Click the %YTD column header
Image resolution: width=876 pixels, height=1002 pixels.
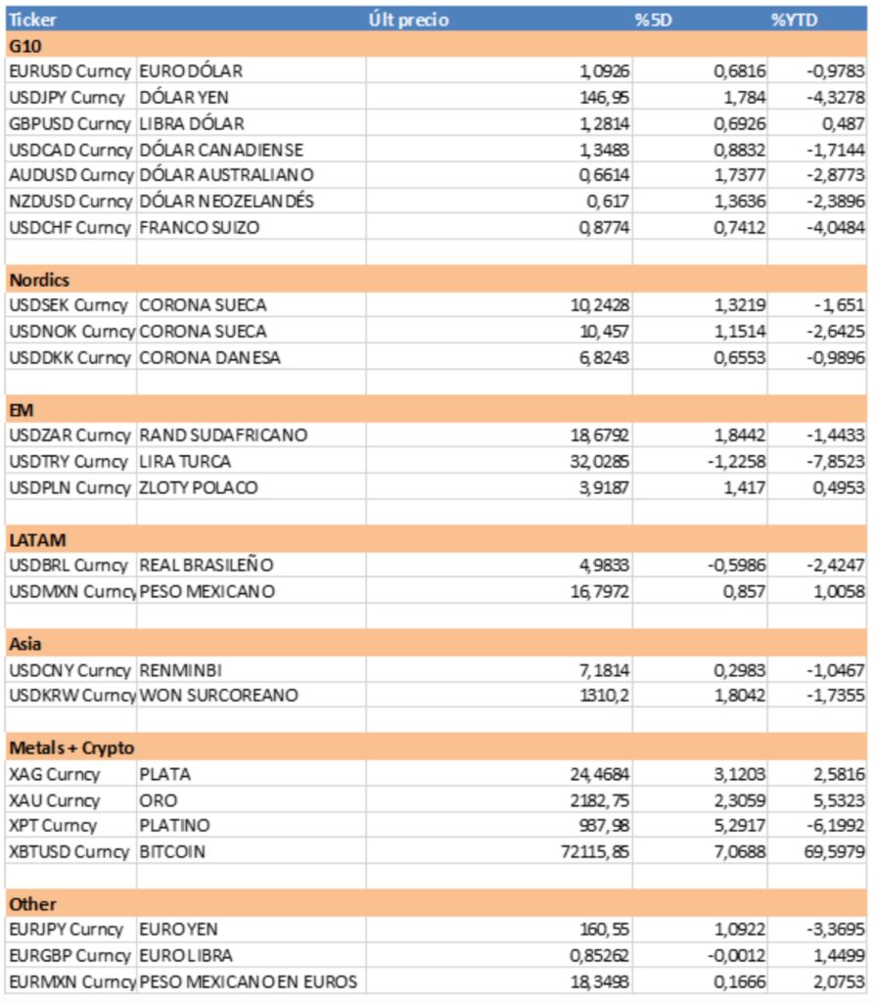(793, 20)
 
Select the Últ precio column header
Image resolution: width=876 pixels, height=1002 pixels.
(409, 20)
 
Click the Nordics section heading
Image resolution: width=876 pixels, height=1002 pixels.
(39, 280)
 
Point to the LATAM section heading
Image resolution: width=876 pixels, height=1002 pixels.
(37, 539)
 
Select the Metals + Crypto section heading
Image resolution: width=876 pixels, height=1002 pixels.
(71, 748)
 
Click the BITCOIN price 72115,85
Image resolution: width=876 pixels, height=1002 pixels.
(588, 851)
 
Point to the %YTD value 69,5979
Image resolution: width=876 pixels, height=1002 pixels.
(832, 851)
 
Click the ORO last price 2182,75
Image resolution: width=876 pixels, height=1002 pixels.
(595, 800)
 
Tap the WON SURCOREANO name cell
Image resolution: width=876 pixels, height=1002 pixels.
(218, 695)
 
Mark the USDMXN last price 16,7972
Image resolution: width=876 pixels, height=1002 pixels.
(595, 591)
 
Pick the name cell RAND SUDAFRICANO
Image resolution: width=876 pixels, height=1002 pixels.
(223, 434)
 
